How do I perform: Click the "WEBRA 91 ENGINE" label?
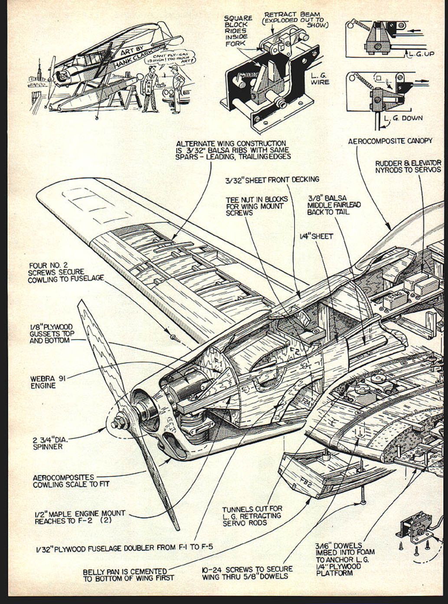pos(48,382)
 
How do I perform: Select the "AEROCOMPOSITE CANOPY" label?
pos(390,141)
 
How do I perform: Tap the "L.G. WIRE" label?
pos(320,78)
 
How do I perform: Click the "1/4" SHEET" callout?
pos(316,236)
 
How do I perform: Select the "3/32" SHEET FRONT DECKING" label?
pos(272,179)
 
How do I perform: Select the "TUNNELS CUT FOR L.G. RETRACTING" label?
pos(252,516)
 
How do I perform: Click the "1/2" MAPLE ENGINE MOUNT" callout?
pos(80,516)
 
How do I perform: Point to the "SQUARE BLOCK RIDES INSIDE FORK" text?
pos(238,30)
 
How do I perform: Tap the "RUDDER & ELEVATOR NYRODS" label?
pos(408,167)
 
